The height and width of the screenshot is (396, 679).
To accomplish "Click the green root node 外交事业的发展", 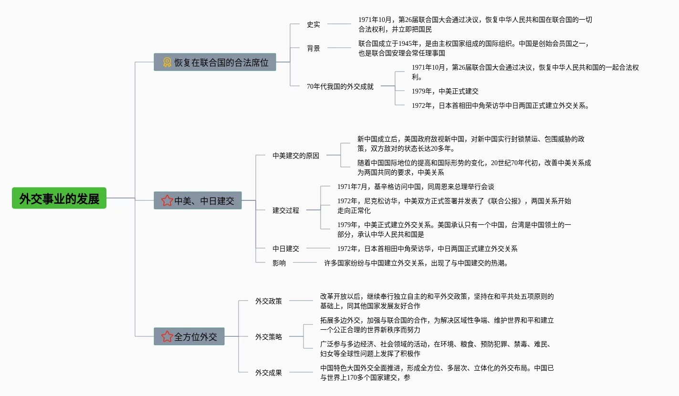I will point(59,198).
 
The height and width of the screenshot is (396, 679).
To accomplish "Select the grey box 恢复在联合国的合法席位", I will point(215,62).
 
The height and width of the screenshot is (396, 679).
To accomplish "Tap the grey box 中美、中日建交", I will point(198,200).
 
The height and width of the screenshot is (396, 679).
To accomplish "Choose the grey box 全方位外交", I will point(189,336).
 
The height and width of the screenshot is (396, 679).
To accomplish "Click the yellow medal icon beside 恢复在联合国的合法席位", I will point(167,62).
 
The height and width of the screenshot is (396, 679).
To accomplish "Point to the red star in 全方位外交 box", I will point(167,336).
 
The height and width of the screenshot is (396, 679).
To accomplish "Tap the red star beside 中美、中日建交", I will point(167,200).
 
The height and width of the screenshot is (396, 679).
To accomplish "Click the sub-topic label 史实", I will point(313,24).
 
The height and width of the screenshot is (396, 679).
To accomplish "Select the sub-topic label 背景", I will point(313,48).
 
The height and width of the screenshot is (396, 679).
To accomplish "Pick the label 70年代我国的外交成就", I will point(340,86).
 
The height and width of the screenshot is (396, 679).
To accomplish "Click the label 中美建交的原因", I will point(296,156).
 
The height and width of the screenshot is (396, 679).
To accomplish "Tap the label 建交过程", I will point(286,210).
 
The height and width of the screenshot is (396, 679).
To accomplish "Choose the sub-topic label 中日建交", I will point(286,249).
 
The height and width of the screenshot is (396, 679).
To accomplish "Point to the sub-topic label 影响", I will point(279,263).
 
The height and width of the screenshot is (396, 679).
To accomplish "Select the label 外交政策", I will point(269,301).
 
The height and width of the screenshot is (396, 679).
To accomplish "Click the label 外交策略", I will point(269,337).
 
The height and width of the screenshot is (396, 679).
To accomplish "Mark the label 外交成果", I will point(269,373).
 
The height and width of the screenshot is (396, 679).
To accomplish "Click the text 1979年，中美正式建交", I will point(445,91).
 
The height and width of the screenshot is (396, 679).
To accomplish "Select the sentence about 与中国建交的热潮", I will point(416,263).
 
